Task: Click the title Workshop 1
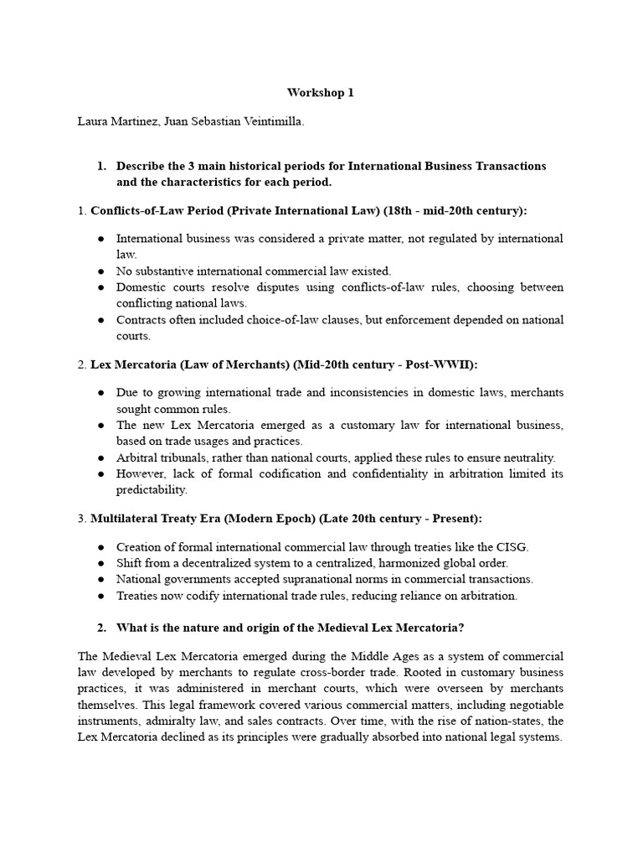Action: click(321, 93)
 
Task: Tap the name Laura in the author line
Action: click(94, 122)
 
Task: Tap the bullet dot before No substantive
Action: click(100, 271)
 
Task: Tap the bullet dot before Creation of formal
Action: click(100, 547)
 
